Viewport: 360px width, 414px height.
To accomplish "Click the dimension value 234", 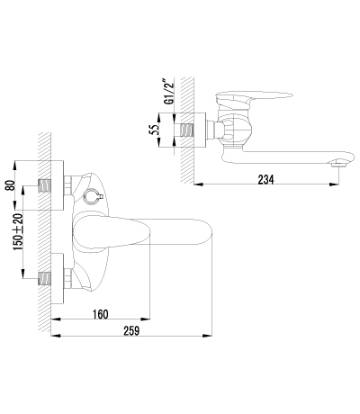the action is (265, 179).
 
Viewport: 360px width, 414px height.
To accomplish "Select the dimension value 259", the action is (131, 331).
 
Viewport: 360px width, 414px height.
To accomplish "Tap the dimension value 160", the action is (100, 314).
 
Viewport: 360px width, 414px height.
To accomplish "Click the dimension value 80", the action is (10, 185).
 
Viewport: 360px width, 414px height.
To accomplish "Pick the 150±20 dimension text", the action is (18, 232).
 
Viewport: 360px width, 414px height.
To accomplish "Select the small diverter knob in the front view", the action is (92, 196).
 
